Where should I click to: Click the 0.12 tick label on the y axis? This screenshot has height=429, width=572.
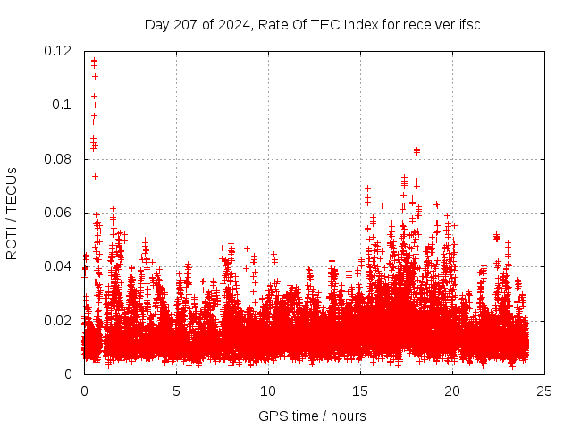point(58,51)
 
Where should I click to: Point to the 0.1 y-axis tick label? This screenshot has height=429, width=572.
point(62,105)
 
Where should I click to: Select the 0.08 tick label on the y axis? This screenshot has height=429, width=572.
point(58,159)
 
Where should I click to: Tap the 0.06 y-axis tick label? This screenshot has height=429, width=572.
point(58,213)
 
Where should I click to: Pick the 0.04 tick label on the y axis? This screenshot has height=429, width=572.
point(58,266)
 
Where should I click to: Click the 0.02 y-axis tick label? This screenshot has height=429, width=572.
point(58,320)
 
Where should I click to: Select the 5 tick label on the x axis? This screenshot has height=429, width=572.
point(176,391)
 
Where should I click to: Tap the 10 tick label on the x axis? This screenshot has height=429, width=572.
point(268,391)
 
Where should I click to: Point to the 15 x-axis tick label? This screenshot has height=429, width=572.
point(360,391)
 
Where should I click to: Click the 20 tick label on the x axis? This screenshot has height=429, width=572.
point(452,391)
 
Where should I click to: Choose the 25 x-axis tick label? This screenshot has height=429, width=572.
point(544,391)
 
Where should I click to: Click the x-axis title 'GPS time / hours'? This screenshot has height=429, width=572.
point(312,416)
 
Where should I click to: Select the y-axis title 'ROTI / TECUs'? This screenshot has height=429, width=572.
point(12,213)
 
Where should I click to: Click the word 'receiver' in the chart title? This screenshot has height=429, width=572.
point(430,24)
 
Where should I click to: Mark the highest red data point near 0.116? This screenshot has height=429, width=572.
point(94,62)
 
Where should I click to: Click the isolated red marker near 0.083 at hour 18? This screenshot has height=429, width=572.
point(416,150)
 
